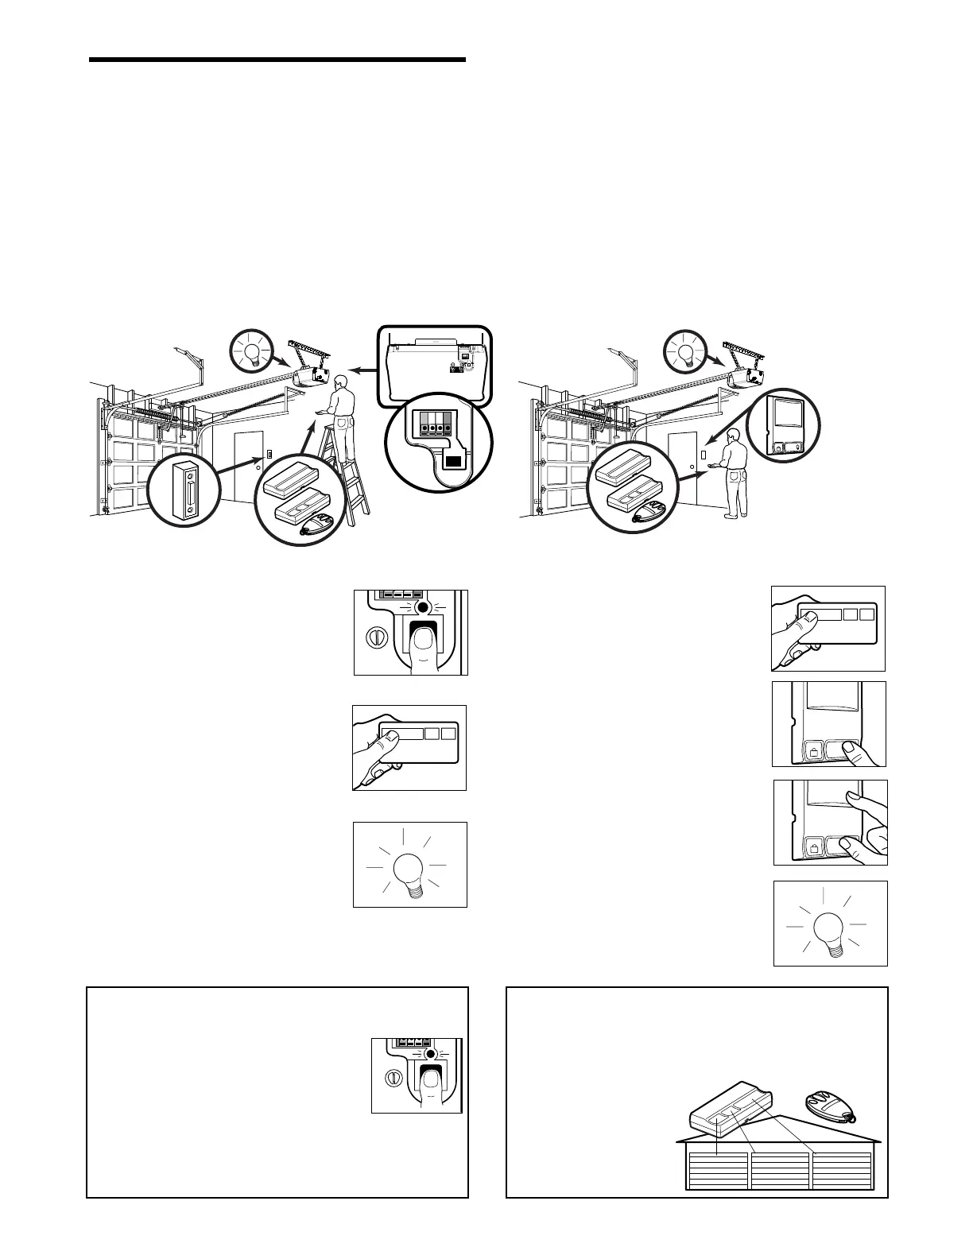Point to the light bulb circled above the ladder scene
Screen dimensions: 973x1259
(x=251, y=351)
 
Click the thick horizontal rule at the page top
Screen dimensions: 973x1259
(x=277, y=60)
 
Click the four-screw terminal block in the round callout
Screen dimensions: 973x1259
(x=436, y=421)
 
